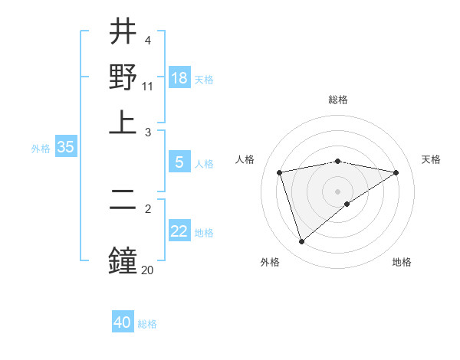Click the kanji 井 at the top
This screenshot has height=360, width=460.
123,32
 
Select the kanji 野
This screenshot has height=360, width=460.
123,77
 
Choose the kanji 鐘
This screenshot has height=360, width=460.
123,259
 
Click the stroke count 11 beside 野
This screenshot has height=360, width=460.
148,87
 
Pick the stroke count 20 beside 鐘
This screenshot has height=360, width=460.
148,269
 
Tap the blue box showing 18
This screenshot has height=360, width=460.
179,78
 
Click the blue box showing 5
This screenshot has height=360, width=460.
179,162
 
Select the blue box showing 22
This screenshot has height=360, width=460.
179,231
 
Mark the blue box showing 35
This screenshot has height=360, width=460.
65,148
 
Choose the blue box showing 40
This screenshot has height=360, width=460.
123,322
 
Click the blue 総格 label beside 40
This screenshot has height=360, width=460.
147,324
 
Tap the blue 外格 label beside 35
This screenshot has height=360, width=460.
41,149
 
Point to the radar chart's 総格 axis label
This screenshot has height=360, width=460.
338,100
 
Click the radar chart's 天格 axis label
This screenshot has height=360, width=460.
432,159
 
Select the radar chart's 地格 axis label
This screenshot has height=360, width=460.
402,262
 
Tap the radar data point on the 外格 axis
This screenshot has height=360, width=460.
301,242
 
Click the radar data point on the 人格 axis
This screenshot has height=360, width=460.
280,172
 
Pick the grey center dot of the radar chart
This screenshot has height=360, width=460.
338,191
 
